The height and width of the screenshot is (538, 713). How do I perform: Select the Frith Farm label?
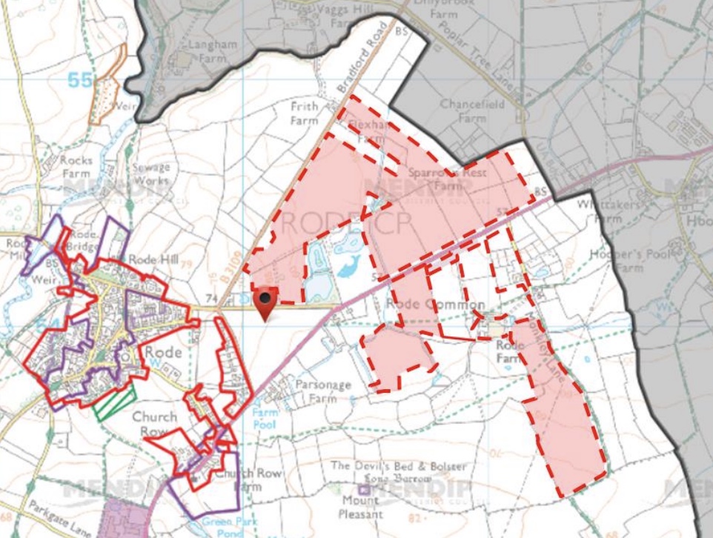304,113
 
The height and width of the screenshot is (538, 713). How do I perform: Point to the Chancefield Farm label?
472,110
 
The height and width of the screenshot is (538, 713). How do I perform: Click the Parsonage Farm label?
316,391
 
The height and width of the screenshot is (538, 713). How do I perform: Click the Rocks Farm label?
76,166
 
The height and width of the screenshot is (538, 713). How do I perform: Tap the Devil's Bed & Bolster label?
399,466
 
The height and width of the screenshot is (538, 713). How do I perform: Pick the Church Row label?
154,423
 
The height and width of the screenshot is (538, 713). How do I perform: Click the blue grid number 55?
82,79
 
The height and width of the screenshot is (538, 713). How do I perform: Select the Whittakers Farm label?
602,213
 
